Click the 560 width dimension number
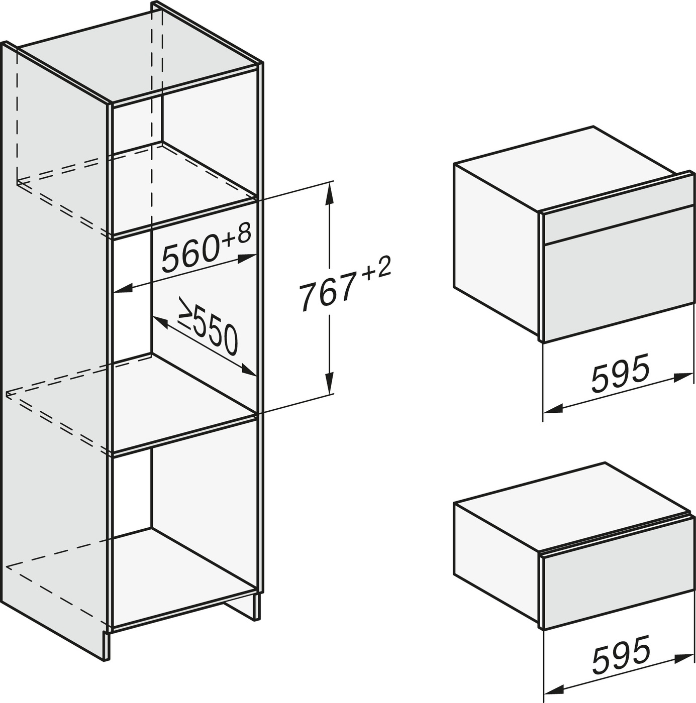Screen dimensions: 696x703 pyautogui.click(x=190, y=254)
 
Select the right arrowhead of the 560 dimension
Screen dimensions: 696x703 pyautogui.click(x=246, y=258)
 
